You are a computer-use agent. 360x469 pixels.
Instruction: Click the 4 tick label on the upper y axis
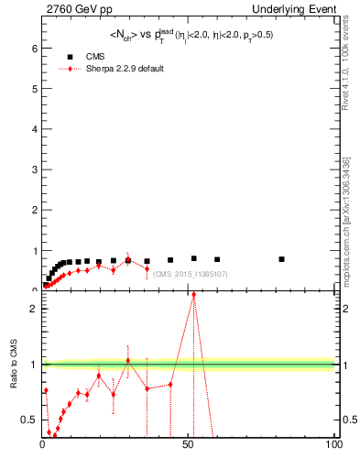35,128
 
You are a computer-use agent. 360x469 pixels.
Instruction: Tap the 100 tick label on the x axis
333,444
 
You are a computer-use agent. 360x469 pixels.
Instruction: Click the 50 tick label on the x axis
188,444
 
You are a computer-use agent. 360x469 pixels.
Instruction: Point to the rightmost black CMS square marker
281,259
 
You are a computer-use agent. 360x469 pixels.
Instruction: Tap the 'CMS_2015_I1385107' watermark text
191,274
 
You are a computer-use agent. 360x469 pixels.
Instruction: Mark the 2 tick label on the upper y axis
35,210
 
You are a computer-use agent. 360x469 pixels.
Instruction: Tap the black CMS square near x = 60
217,259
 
